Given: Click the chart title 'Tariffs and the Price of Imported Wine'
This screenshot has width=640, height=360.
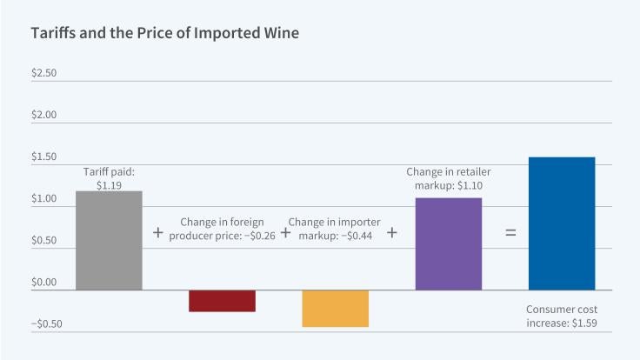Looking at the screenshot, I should (x=165, y=34).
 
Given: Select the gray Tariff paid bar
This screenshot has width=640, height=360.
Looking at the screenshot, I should (x=109, y=240).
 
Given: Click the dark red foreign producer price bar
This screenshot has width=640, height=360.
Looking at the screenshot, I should (x=222, y=300).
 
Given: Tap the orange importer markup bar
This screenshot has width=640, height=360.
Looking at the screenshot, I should (x=335, y=308).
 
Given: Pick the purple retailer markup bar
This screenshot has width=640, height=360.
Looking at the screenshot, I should (x=448, y=243).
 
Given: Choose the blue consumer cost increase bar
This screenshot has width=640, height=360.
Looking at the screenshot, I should (x=562, y=223).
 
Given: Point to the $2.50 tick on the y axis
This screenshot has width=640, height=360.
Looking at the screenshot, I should (x=43, y=73).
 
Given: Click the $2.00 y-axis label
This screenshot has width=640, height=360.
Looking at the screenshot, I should (x=43, y=115).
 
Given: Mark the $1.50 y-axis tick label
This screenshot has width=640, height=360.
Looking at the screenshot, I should (x=43, y=157).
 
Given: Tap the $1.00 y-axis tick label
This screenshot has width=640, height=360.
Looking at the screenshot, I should (x=43, y=198).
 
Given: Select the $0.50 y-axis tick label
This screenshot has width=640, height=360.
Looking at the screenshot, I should (x=43, y=240).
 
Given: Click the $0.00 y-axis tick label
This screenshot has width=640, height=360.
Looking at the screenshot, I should (x=43, y=282).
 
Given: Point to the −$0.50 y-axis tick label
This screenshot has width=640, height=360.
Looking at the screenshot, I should (x=41, y=323).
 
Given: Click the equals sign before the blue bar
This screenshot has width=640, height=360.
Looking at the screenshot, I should (x=510, y=233).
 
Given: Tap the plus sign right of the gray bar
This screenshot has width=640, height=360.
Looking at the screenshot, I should (x=157, y=233).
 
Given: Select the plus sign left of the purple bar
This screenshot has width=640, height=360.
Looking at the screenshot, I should (x=391, y=233).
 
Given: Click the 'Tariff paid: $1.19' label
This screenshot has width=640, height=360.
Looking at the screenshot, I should (x=109, y=178).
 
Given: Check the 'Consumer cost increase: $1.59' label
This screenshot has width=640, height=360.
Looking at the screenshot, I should (x=562, y=317).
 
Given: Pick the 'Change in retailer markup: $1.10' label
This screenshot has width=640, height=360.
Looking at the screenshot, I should (x=448, y=178).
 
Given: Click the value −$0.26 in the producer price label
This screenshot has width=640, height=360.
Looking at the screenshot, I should (x=262, y=237).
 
